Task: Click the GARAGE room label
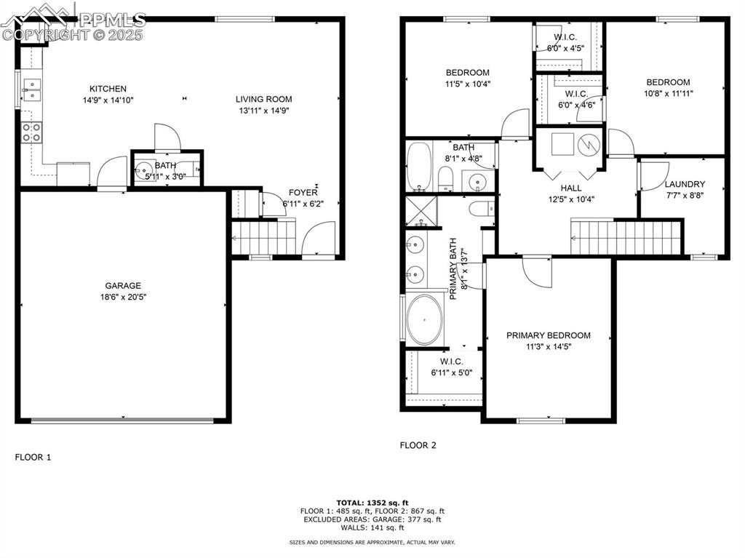pyautogui.click(x=122, y=286)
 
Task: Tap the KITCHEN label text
pyautogui.click(x=108, y=89)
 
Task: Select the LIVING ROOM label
pyautogui.click(x=263, y=100)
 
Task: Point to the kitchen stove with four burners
pyautogui.click(x=31, y=132)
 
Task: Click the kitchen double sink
pyautogui.click(x=31, y=89)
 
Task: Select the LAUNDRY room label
pyautogui.click(x=685, y=184)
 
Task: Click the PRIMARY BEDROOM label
pyautogui.click(x=549, y=335)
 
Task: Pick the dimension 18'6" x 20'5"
pyautogui.click(x=122, y=297)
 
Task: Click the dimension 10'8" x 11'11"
pyautogui.click(x=668, y=93)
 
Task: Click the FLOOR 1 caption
pyautogui.click(x=33, y=458)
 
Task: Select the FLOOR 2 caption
pyautogui.click(x=418, y=445)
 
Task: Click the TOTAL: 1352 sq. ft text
pyautogui.click(x=372, y=503)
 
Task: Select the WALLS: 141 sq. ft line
pyautogui.click(x=372, y=527)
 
